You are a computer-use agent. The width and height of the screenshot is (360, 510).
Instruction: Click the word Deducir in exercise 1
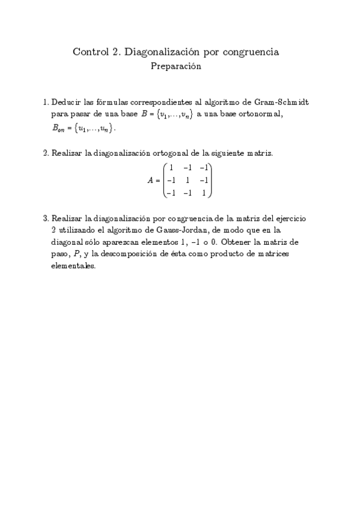click(x=67, y=103)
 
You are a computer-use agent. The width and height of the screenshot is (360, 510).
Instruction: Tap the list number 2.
click(x=46, y=153)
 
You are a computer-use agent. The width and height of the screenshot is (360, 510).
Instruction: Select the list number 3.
click(x=46, y=218)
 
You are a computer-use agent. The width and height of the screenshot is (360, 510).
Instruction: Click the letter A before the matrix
click(x=151, y=180)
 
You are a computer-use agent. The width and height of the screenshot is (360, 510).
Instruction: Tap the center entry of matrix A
click(x=188, y=180)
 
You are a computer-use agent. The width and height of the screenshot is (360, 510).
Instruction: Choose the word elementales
click(x=73, y=266)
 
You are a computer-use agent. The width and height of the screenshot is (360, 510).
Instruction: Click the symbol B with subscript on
click(x=57, y=127)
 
